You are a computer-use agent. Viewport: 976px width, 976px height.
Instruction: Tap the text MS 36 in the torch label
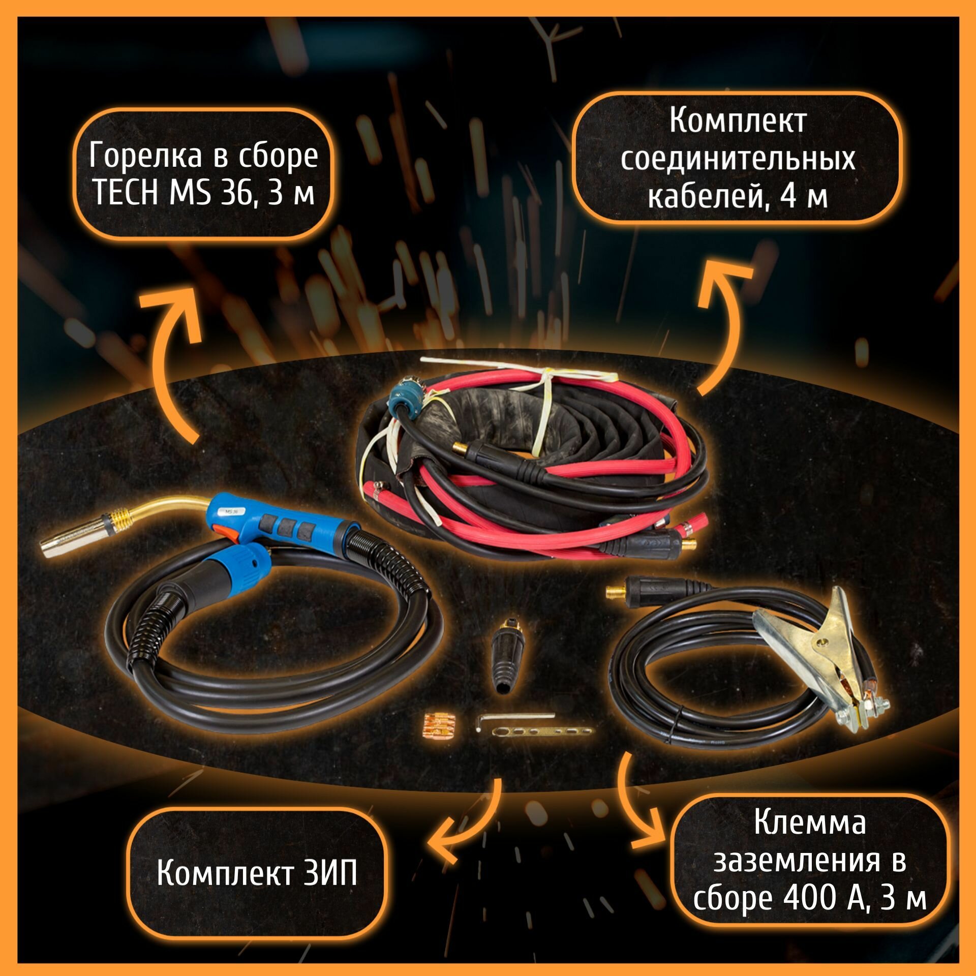211,193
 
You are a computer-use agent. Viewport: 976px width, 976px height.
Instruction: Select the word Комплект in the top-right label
738,121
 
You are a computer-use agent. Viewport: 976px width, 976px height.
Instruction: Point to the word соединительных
738,159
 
